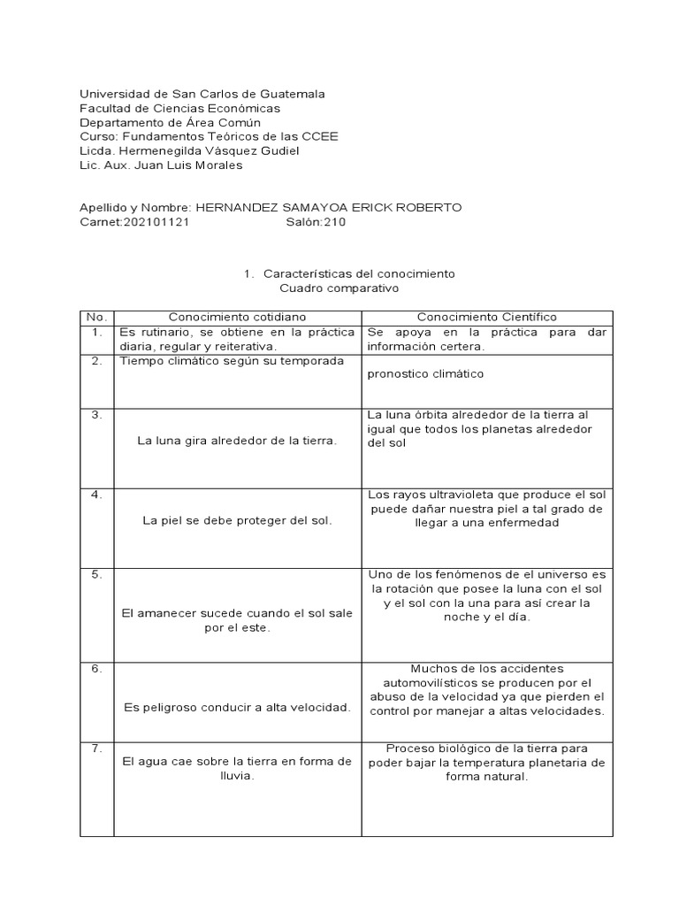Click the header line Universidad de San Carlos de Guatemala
pos(202,94)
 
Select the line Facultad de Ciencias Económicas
pos(179,108)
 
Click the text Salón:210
pos(316,222)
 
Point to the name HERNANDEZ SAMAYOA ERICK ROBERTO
pos(328,208)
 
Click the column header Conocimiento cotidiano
pos(238,317)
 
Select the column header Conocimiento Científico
pos(487,317)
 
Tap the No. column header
pos(96,317)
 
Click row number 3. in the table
pos(96,414)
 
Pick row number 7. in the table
pos(96,749)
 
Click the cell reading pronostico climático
pos(426,373)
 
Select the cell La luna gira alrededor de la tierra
pos(237,441)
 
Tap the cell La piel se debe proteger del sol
pos(237,520)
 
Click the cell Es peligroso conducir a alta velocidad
pos(237,706)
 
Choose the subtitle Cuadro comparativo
pos(340,288)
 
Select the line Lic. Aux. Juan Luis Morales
pos(161,165)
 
